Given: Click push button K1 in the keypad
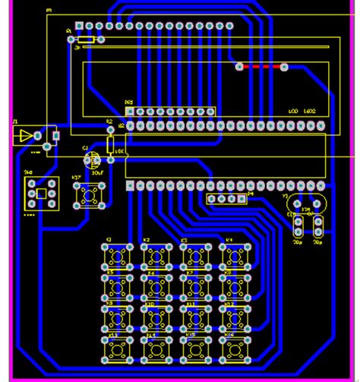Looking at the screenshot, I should tap(116, 256).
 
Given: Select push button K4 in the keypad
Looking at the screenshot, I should tap(235, 256).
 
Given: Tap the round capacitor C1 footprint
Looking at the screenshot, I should tap(93, 160).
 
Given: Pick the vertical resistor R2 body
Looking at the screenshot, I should tap(111, 144).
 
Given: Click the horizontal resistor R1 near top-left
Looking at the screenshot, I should tap(86, 39).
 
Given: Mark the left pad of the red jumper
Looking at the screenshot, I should tap(240, 67).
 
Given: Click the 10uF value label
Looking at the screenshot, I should tap(97, 172).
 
